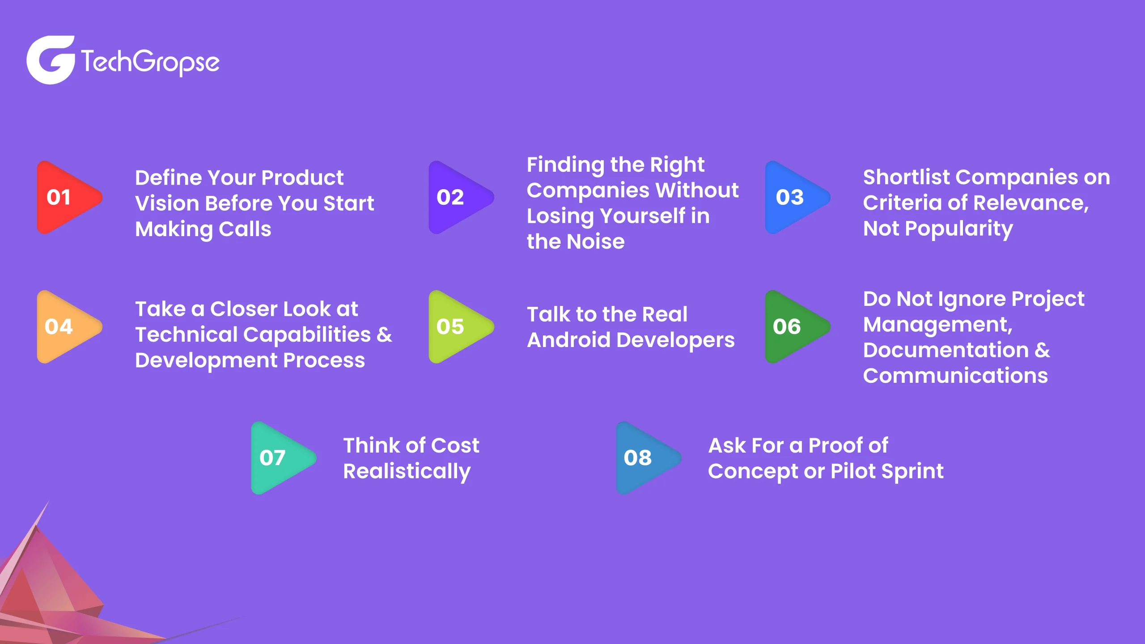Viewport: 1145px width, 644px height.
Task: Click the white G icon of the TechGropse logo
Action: pos(51,60)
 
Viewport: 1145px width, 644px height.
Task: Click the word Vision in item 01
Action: pos(167,203)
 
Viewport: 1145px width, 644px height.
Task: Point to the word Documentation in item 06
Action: pos(946,350)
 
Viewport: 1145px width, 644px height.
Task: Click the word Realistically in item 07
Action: pos(407,472)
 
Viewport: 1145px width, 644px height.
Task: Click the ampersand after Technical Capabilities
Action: pos(384,335)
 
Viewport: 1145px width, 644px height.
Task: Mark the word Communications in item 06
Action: pos(955,376)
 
